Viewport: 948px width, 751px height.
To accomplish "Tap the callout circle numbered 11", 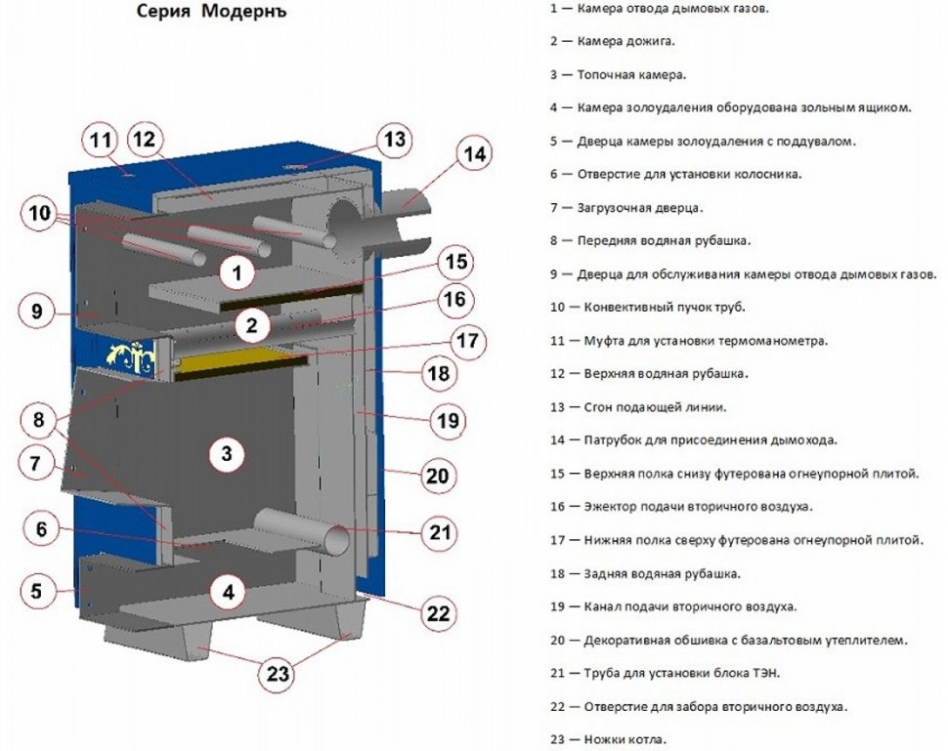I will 101,141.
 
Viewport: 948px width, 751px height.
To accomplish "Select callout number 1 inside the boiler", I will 237,272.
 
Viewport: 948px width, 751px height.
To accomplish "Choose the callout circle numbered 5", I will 36,591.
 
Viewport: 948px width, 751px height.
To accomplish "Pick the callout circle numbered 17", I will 466,341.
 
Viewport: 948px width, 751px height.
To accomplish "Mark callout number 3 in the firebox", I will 226,453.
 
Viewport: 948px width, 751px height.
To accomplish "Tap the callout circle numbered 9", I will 36,313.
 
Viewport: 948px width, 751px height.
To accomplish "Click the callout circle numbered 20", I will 436,476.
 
